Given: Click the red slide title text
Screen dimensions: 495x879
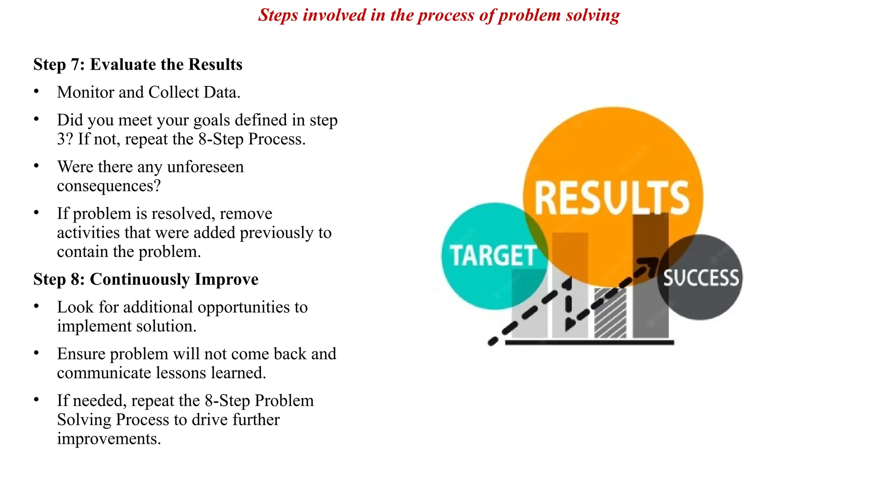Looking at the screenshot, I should [x=439, y=15].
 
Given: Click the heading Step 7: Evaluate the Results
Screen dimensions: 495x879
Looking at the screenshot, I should [x=138, y=64].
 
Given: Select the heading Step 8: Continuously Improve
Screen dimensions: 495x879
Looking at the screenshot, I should [x=146, y=279].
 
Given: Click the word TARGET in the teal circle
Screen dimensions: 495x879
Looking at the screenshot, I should [x=493, y=256].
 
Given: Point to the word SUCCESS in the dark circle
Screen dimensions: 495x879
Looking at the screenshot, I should [x=701, y=278].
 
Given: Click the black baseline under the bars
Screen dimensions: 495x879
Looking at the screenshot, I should [x=589, y=342].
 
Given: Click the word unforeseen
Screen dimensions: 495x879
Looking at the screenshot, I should [x=205, y=167].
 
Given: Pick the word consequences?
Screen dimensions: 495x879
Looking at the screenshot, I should [x=109, y=186].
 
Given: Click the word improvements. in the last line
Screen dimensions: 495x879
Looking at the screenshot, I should [x=109, y=439].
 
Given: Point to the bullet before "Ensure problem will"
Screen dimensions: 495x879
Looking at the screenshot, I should [x=36, y=353].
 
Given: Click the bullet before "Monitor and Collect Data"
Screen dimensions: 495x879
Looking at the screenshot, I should [x=36, y=92].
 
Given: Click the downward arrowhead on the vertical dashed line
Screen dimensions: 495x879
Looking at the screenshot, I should [x=569, y=324].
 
